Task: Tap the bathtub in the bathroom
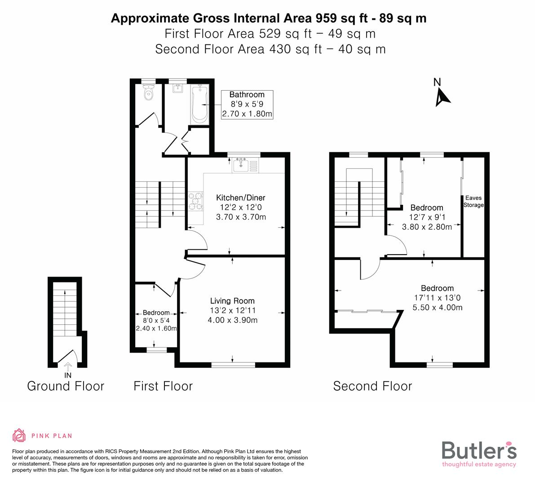tap(199, 104)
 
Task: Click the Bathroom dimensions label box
tap(247, 104)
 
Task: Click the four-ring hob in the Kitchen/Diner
tap(196, 201)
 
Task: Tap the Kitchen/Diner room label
tap(241, 198)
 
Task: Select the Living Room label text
tap(232, 301)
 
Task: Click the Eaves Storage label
tap(473, 201)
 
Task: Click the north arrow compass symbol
tap(442, 96)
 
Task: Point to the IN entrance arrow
tap(68, 367)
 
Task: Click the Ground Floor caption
tap(66, 386)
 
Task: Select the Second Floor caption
tap(372, 386)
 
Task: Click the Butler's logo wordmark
tap(479, 450)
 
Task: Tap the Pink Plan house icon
tap(19, 435)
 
